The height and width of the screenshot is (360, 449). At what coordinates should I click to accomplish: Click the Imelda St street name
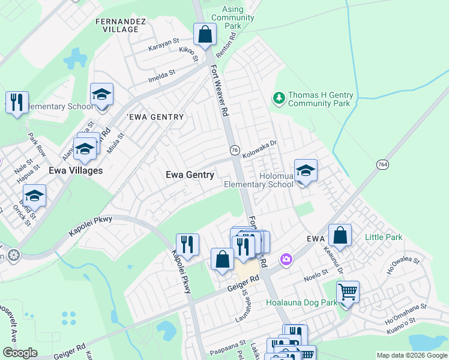coord(162,75)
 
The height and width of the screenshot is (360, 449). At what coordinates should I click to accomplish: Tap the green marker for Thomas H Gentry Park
coord(278,97)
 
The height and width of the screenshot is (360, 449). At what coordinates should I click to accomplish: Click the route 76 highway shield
coord(234,150)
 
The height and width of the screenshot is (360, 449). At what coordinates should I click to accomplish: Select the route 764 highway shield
coord(383,164)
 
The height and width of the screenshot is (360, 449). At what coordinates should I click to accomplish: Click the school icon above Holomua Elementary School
coord(306,171)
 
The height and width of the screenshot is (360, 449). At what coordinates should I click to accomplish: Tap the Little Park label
coord(384,238)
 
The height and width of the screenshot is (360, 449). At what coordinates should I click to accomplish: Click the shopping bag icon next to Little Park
coord(340,237)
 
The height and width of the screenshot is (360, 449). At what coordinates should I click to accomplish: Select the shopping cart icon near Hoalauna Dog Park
coord(348,293)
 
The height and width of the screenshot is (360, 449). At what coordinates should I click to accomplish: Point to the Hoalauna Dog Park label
coord(302,303)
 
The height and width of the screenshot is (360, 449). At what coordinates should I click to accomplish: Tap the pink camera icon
coord(287,259)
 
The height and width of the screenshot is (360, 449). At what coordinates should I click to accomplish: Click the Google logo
coord(20,353)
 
